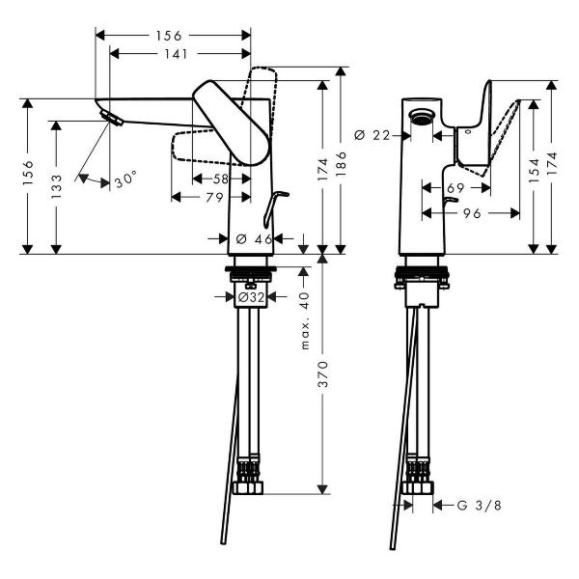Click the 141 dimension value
[x=174, y=55]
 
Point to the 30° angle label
[x=125, y=179]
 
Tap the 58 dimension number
[x=221, y=179]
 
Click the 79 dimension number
[x=212, y=198]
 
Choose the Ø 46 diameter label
[x=252, y=238]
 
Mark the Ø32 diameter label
[x=251, y=298]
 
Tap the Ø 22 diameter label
[x=372, y=135]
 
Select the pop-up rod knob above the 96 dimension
[x=446, y=200]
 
